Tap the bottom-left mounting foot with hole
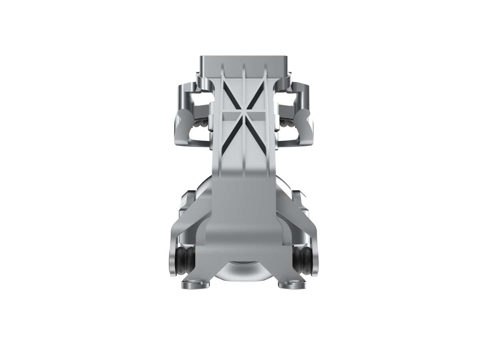[x=195, y=284]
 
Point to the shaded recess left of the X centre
[x=230, y=116]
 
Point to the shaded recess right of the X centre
[x=258, y=116]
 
